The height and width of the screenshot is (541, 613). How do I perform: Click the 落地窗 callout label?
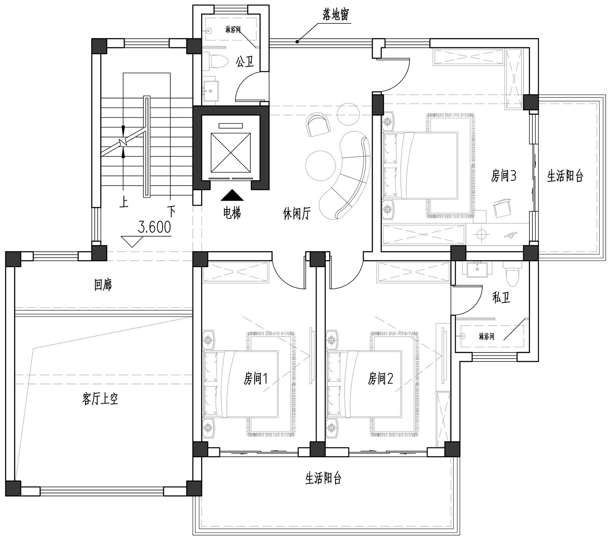click(336, 14)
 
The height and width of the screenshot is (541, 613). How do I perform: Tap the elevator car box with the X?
click(230, 153)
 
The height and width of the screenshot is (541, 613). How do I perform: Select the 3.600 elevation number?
click(154, 227)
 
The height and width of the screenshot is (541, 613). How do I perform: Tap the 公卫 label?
click(245, 62)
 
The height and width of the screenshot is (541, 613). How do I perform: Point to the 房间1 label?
click(255, 379)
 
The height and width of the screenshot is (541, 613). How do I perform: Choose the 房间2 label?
click(380, 379)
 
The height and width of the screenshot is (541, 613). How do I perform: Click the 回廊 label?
click(103, 284)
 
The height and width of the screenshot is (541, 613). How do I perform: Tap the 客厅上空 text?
click(100, 399)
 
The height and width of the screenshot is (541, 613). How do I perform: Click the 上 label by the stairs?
click(123, 202)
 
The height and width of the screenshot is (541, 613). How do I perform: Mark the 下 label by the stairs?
click(171, 211)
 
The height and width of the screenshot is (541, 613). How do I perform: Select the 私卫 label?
click(501, 298)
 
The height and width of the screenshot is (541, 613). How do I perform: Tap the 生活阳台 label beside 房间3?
click(565, 176)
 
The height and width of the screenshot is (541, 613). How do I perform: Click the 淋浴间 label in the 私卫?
click(487, 336)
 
